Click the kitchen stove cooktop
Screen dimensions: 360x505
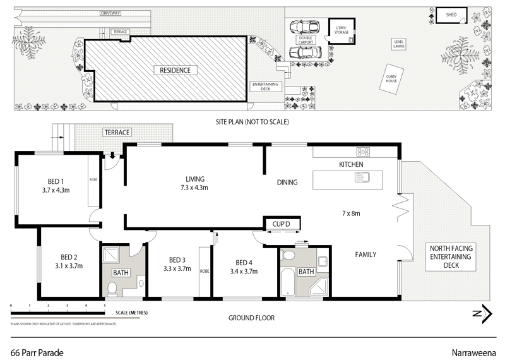point(363,152)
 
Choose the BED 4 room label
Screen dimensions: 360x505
point(244,263)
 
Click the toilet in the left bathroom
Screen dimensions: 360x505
point(112,288)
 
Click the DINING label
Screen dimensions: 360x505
point(287,183)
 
